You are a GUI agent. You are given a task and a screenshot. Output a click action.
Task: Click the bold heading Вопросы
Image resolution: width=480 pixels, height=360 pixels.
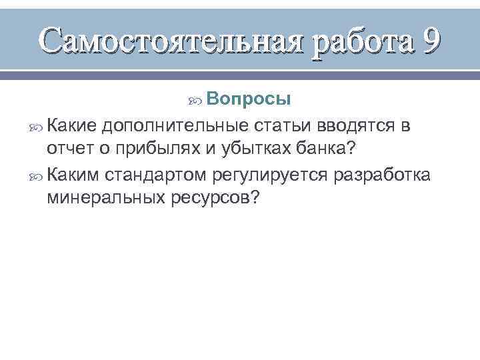(248, 99)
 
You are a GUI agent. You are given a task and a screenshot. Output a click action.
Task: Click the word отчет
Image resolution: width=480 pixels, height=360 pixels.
(69, 147)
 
